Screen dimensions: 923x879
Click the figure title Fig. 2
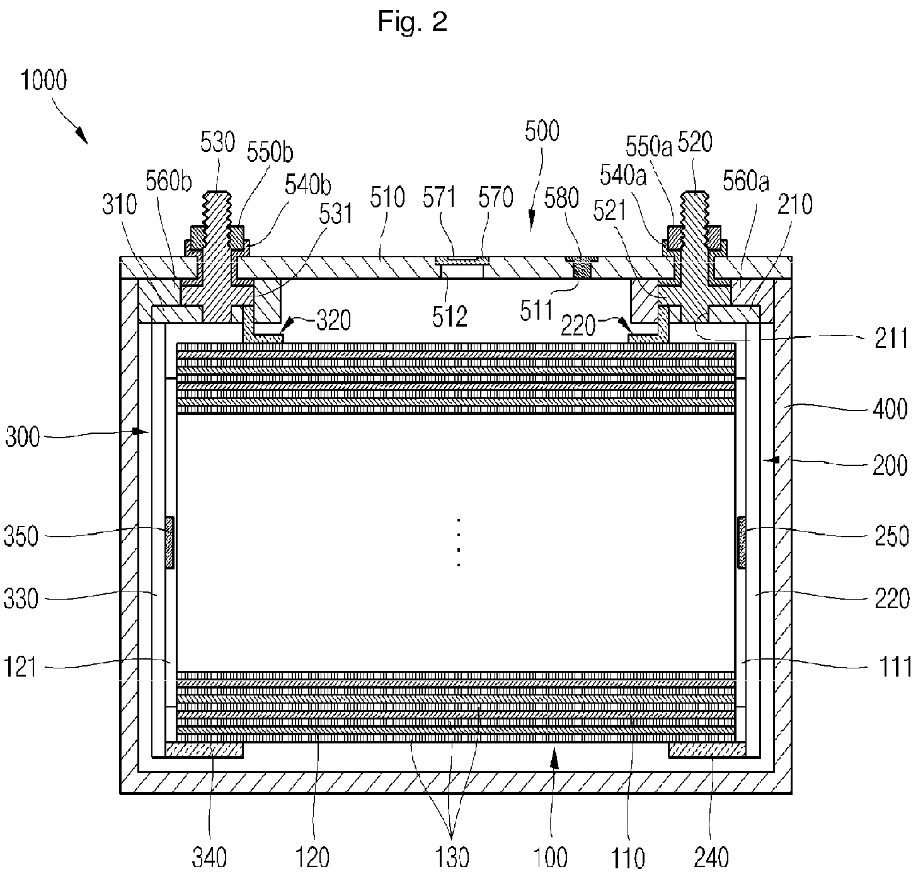(412, 22)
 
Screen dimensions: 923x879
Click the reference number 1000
(43, 80)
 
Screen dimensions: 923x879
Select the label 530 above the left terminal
(217, 142)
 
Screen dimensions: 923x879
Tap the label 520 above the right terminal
(696, 142)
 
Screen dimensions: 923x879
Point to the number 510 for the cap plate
(387, 197)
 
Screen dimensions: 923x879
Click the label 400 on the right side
(890, 409)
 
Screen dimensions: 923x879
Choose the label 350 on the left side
(21, 537)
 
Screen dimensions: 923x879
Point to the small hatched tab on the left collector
(170, 542)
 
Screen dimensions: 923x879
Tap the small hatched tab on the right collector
(742, 542)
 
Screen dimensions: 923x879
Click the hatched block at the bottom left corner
(204, 750)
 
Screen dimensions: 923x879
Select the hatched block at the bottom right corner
(707, 750)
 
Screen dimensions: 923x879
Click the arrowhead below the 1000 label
(82, 136)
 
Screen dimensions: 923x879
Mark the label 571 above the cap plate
(439, 197)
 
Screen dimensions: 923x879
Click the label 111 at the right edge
(895, 667)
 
